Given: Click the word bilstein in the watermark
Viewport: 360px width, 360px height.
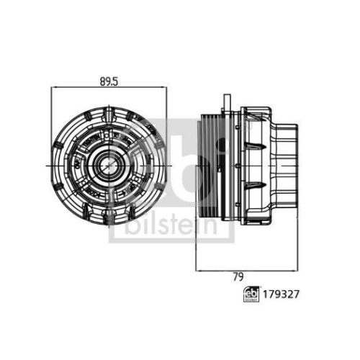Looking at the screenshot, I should point(172,226).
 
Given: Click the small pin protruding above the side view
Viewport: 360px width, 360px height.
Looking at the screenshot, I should point(225,100).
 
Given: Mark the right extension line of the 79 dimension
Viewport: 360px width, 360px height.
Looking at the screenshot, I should point(298,230).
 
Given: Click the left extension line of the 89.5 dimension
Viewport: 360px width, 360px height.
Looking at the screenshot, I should point(53,122).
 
